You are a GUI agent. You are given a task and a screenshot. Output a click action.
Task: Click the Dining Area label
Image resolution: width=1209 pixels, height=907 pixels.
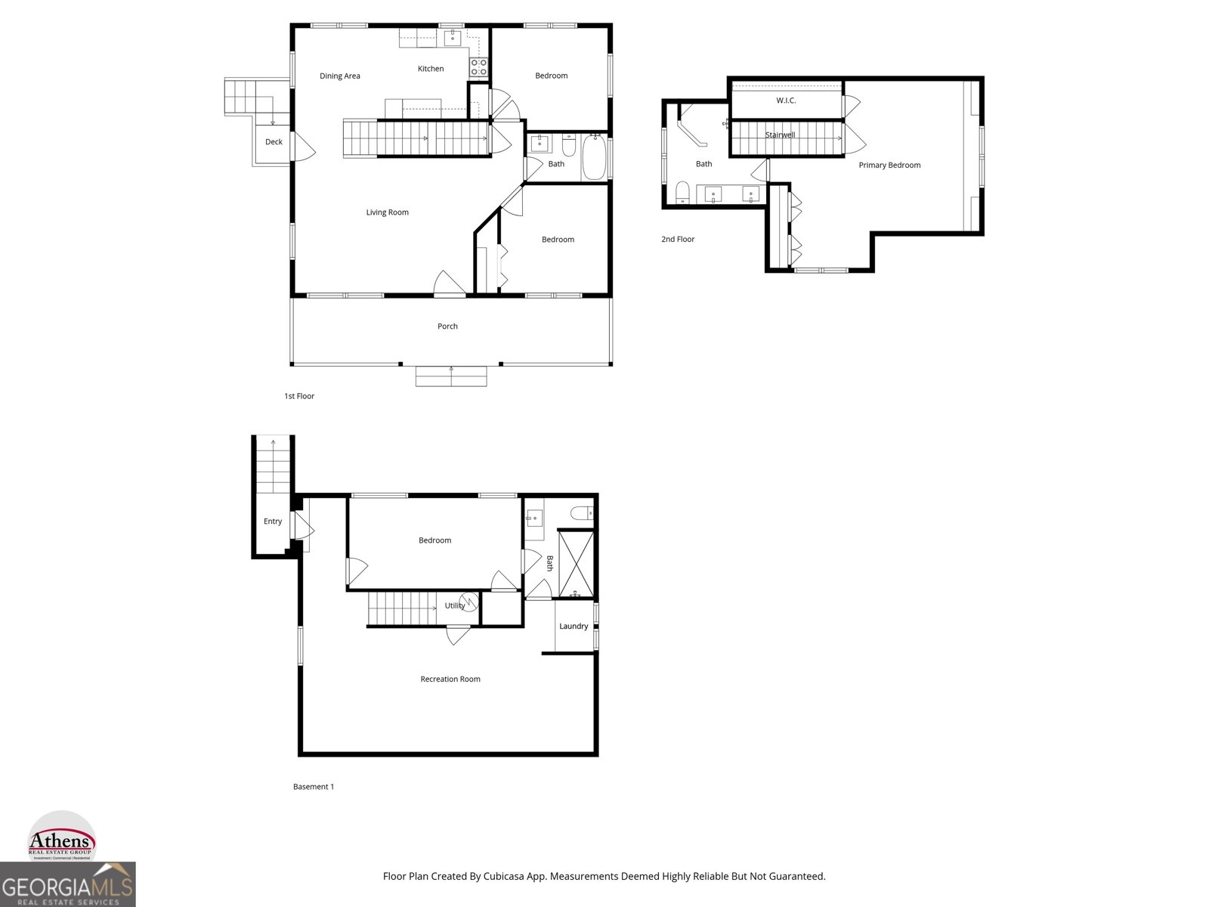339,76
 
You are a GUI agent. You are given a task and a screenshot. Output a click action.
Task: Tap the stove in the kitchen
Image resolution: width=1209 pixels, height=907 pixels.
478,67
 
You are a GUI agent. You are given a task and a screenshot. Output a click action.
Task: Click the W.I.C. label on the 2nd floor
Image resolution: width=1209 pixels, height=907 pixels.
786,101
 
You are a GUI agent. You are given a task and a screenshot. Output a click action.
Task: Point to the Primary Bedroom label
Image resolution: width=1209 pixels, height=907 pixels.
889,165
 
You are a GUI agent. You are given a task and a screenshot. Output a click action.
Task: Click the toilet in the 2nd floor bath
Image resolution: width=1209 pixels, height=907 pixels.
682,193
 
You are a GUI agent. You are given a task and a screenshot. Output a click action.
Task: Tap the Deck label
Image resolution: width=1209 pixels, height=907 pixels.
274,142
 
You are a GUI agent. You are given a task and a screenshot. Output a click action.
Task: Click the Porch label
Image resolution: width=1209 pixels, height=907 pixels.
447,327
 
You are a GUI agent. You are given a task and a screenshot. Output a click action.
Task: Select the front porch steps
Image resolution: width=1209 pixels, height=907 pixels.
451,376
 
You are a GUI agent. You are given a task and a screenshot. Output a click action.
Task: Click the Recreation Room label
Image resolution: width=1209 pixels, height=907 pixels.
450,679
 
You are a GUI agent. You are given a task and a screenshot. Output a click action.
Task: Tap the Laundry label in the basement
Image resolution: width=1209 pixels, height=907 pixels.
574,626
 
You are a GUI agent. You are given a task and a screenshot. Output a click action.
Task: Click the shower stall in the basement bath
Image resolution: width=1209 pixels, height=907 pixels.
576,564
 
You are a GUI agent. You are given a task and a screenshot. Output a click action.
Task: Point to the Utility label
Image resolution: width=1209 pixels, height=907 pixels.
455,605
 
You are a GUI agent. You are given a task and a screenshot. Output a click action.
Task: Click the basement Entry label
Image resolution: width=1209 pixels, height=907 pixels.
273,522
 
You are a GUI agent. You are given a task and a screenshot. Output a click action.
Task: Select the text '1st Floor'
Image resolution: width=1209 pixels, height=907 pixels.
299,396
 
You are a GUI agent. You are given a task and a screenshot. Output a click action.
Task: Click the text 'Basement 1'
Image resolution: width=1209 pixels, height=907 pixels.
314,787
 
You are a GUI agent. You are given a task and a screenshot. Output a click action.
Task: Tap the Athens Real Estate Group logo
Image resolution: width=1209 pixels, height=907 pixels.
62,837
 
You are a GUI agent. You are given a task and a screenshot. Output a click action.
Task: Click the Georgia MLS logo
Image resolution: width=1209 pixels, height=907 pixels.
67,885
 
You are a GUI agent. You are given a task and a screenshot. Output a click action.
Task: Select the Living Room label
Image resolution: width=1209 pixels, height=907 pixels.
387,212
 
